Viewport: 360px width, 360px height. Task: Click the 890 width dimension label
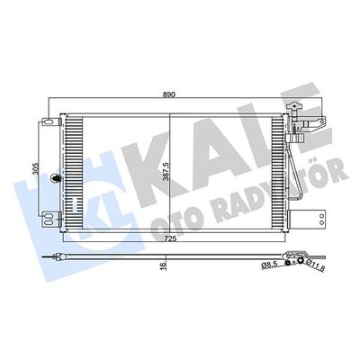(x=169, y=94)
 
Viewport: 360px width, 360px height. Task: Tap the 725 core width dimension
(x=169, y=239)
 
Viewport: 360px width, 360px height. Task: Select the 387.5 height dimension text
(x=166, y=171)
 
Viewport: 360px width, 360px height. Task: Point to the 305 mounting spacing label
(x=35, y=169)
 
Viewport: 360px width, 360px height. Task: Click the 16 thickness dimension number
(x=163, y=265)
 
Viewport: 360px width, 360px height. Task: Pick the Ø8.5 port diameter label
(x=268, y=265)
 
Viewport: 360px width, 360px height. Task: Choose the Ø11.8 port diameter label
(x=316, y=266)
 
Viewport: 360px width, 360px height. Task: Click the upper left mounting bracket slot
(x=50, y=121)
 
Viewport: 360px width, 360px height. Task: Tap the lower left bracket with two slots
(x=50, y=219)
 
